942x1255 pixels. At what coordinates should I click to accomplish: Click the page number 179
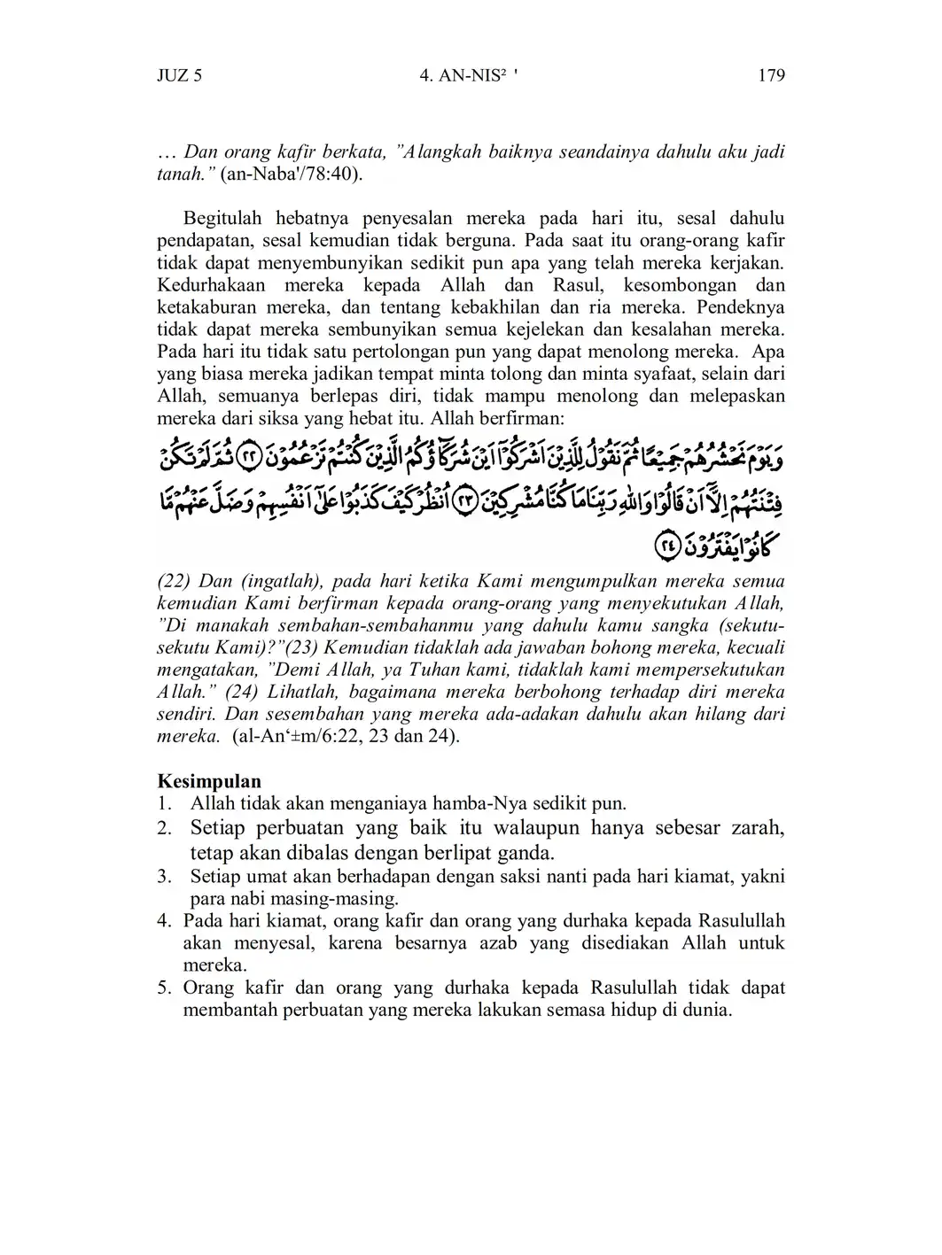(x=771, y=75)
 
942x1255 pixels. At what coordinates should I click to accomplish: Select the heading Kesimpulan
(x=209, y=781)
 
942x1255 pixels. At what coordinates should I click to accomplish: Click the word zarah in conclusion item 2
(x=759, y=828)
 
